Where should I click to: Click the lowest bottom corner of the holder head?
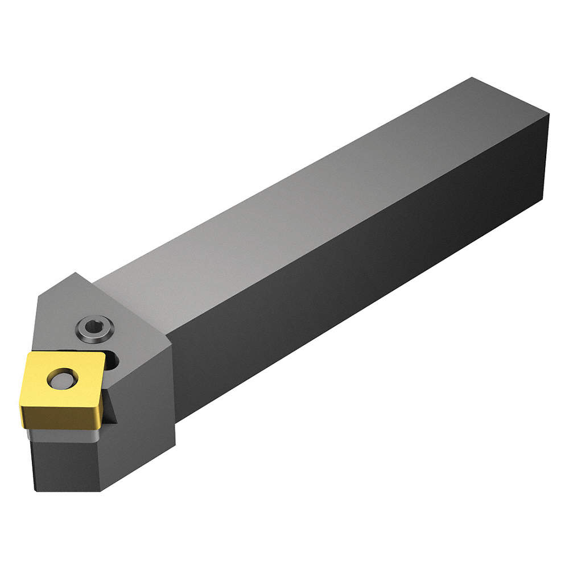coord(102,490)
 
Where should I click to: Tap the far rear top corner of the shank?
coord(471,78)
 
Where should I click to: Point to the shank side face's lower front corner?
coord(176,421)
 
